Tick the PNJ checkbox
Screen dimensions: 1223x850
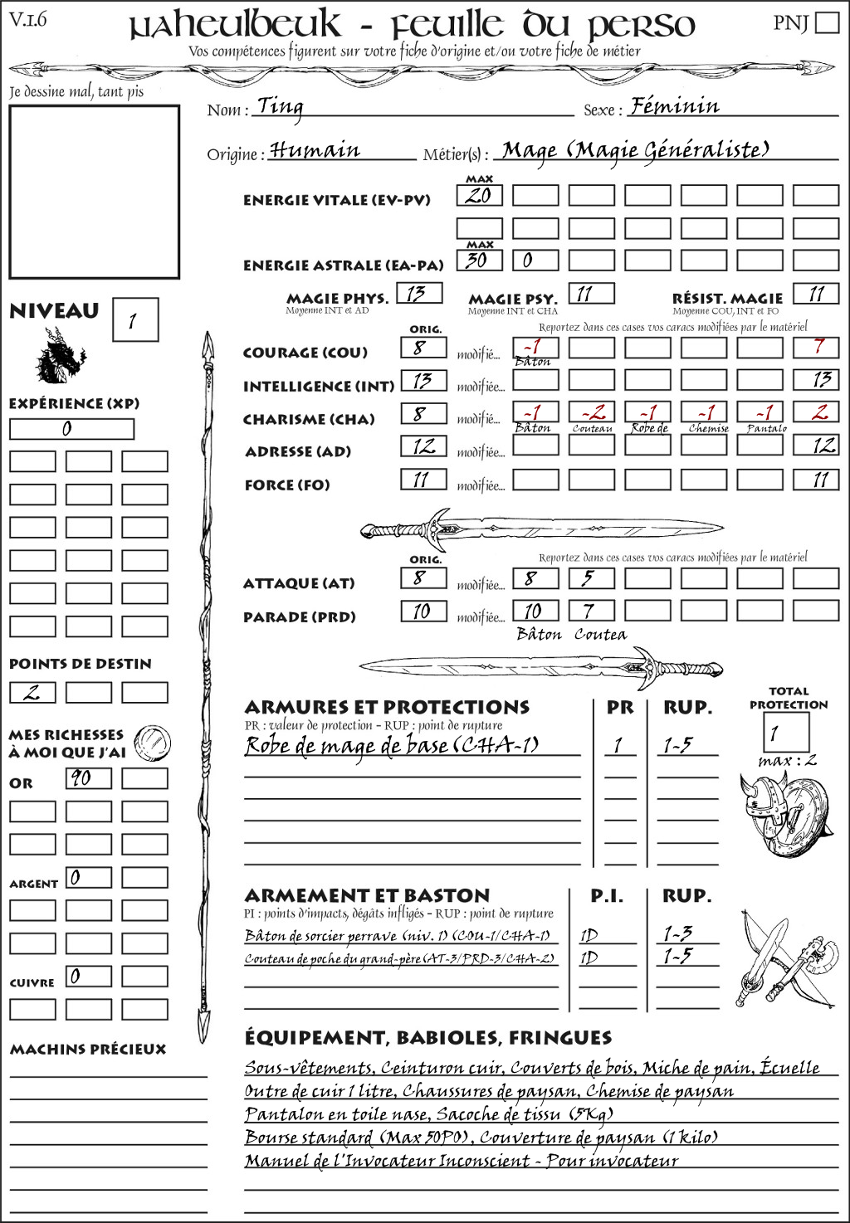(827, 22)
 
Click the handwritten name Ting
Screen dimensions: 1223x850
(280, 106)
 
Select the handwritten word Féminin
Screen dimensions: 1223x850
(674, 106)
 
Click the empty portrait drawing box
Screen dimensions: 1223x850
(94, 192)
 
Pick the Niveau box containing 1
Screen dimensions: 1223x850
(134, 320)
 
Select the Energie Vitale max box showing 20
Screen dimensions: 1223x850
(479, 196)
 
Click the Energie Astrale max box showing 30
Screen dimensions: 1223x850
(479, 260)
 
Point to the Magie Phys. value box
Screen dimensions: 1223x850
(418, 293)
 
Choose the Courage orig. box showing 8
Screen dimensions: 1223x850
(423, 348)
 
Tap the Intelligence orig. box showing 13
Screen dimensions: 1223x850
(423, 381)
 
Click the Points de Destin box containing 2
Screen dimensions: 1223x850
(32, 692)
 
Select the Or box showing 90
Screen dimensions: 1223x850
(88, 778)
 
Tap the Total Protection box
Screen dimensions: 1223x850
(784, 732)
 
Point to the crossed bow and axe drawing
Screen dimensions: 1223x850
(784, 957)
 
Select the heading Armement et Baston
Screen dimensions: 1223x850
(367, 895)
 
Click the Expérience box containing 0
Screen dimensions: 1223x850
(71, 429)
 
